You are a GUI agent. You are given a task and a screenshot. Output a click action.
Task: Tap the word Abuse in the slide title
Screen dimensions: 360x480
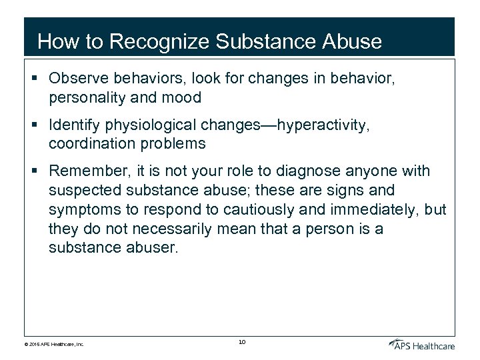(x=352, y=41)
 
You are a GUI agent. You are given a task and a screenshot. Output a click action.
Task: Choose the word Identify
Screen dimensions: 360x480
(x=75, y=125)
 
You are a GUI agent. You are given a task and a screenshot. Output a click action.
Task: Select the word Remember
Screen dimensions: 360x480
(x=84, y=171)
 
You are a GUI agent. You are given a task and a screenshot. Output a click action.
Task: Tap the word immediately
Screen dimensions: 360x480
(x=354, y=210)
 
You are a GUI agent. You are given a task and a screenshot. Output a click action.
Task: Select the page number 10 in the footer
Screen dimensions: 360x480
(x=242, y=342)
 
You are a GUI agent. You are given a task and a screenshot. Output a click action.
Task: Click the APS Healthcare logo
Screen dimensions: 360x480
(x=421, y=344)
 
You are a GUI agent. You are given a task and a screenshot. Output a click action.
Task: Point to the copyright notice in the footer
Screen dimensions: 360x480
(x=55, y=345)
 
